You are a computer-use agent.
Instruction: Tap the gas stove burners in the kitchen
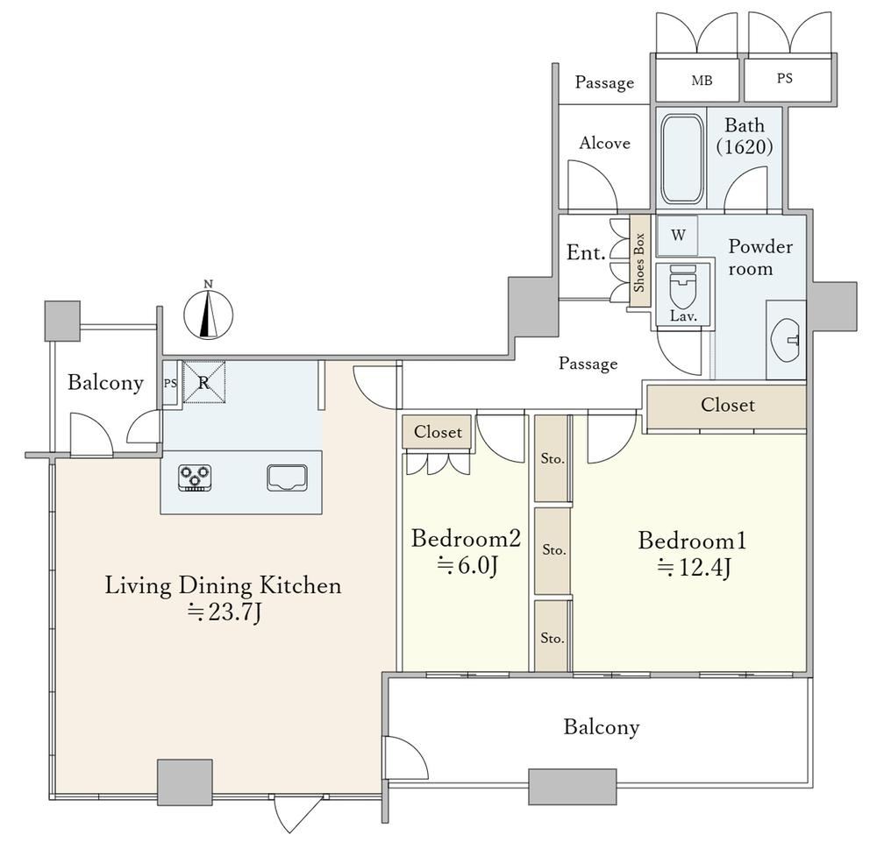[x=195, y=478]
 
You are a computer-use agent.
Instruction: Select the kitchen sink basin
[x=287, y=478]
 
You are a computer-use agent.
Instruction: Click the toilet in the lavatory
[x=683, y=287]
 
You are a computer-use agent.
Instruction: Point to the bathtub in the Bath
[x=681, y=159]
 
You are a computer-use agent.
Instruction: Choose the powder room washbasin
[x=787, y=339]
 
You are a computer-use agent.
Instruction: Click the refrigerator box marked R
[x=204, y=382]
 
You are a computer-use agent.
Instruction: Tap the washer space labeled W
[x=678, y=235]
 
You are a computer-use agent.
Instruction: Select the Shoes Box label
[x=639, y=262]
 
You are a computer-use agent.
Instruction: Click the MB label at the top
[x=702, y=81]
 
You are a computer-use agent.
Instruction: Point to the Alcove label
[x=604, y=143]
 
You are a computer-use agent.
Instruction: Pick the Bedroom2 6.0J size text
[x=467, y=566]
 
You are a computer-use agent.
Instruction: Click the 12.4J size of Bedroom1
[x=694, y=568]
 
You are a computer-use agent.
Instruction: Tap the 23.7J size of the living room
[x=225, y=612]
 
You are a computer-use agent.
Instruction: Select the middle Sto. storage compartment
[x=553, y=550]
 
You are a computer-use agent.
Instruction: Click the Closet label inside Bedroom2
[x=438, y=431]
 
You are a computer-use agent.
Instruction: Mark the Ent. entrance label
[x=586, y=252]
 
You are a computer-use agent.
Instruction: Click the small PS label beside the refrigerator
[x=170, y=384]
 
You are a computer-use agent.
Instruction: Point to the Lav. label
[x=683, y=316]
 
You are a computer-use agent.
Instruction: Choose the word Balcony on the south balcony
[x=602, y=727]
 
